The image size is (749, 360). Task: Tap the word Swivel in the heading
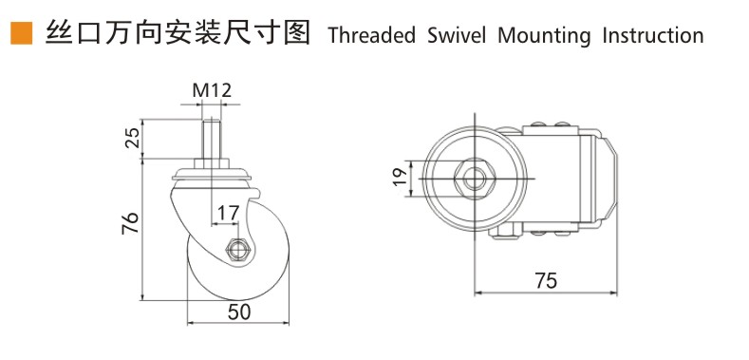[x=456, y=36]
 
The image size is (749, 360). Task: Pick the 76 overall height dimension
[x=132, y=224]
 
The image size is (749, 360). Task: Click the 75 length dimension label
[x=545, y=281]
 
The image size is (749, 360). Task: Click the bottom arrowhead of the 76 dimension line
[x=142, y=295]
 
